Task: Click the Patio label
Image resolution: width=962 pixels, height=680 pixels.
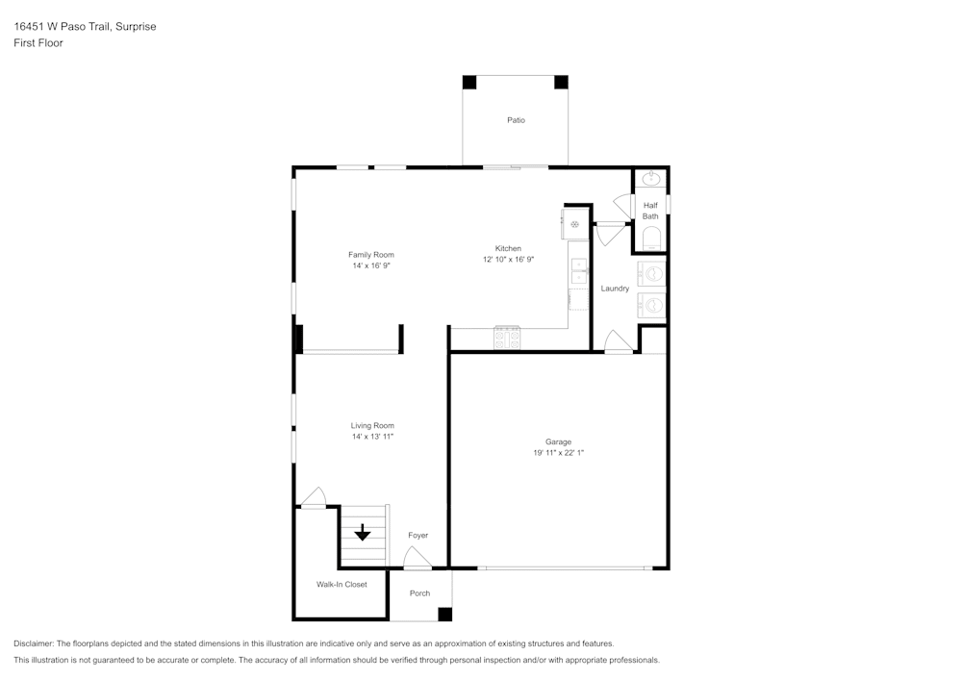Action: tap(516, 120)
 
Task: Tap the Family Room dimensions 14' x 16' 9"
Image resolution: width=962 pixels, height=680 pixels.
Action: tap(371, 266)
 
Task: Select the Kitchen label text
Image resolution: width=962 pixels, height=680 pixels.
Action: tap(508, 248)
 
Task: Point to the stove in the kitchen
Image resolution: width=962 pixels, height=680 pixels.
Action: tap(507, 338)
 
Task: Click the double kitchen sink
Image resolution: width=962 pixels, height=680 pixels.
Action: tap(579, 271)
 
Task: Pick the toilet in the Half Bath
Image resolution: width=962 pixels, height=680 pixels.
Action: tap(651, 238)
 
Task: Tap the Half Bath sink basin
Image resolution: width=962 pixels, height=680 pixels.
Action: tap(650, 179)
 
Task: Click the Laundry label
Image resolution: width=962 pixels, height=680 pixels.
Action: tap(615, 289)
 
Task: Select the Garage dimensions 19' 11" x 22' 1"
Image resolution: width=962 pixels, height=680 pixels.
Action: tap(558, 453)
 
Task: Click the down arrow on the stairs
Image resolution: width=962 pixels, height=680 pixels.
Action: tap(363, 532)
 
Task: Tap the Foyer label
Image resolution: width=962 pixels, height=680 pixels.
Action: tap(418, 536)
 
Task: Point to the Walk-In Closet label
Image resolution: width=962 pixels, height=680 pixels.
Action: tap(342, 585)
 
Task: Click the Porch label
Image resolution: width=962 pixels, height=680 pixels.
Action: tap(419, 592)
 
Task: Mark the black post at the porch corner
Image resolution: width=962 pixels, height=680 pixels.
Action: tap(444, 614)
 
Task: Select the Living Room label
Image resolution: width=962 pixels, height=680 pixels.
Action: tap(372, 425)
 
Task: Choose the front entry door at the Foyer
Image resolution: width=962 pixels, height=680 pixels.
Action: tap(418, 558)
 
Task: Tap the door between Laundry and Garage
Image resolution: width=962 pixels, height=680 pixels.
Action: tap(619, 341)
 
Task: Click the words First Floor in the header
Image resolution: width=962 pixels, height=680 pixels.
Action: tap(38, 43)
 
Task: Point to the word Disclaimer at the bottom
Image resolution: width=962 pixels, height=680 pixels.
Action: tap(33, 643)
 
